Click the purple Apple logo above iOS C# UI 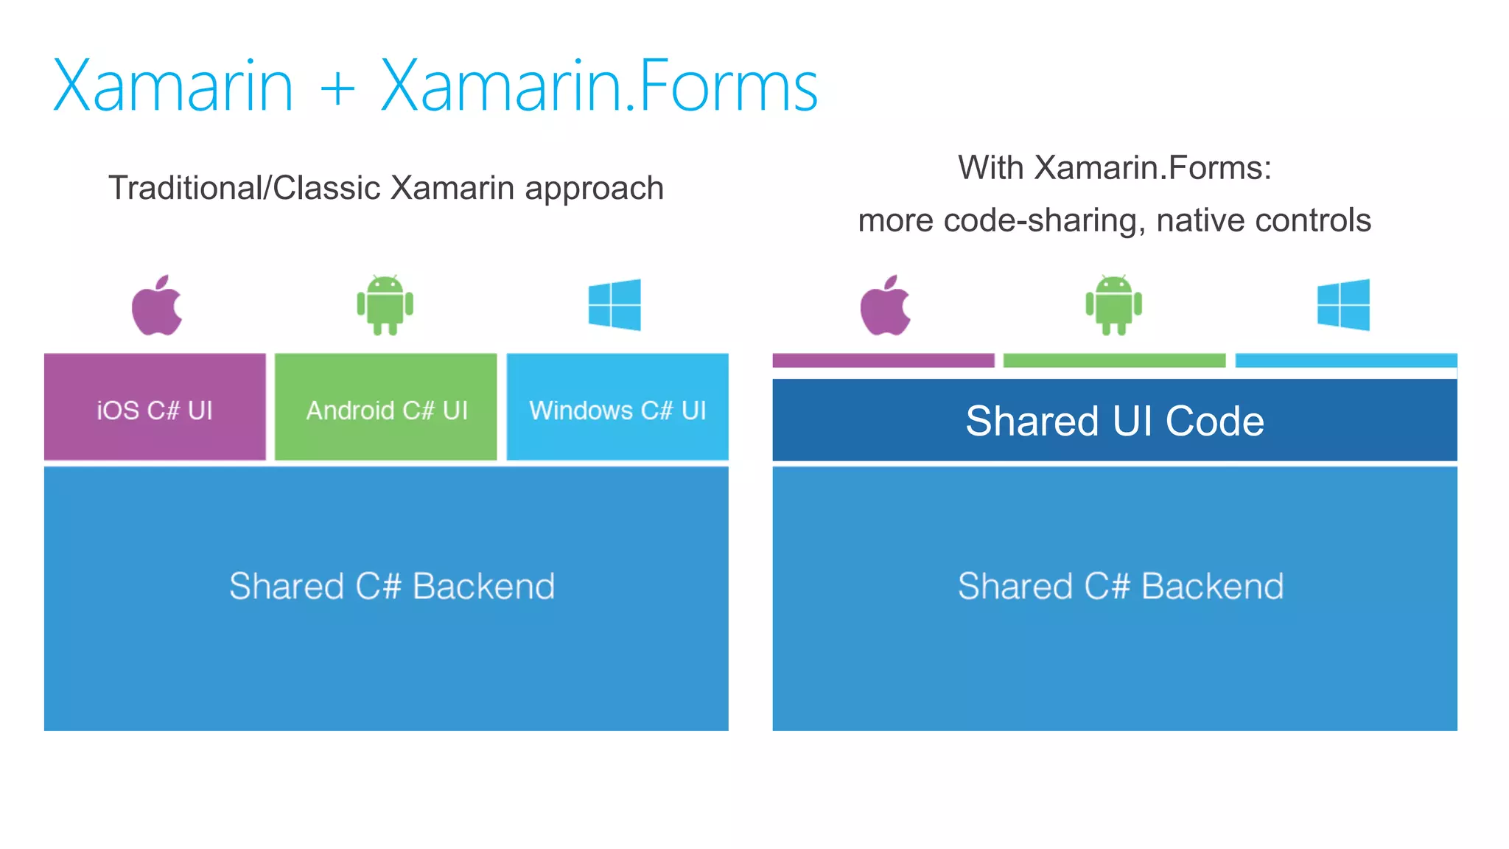157,307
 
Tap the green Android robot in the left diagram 385,305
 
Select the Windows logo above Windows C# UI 615,304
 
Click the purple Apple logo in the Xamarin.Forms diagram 886,307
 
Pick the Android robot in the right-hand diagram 1113,305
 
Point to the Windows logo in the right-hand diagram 1343,304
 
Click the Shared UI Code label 1115,421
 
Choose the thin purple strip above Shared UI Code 883,360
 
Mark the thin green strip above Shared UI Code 1114,360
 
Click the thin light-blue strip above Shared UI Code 1346,360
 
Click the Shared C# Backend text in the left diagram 391,587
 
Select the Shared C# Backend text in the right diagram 1120,587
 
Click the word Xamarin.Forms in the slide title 598,87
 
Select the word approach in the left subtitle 594,190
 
